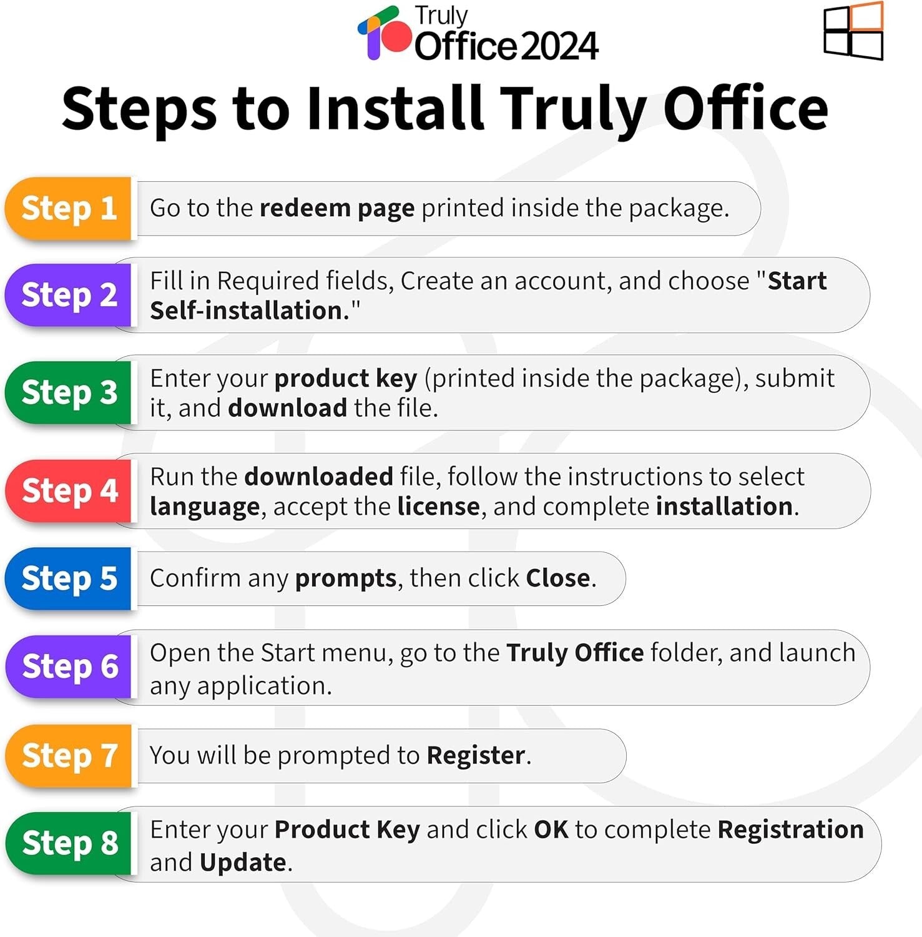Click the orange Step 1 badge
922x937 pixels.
click(x=69, y=209)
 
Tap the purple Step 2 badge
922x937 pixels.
click(x=69, y=295)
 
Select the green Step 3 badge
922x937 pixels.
click(x=69, y=392)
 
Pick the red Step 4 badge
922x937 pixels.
click(x=69, y=490)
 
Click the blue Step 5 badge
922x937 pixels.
click(x=69, y=578)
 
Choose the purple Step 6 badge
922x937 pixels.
click(x=69, y=667)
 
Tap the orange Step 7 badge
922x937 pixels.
click(x=69, y=755)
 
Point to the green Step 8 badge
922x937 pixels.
click(x=69, y=843)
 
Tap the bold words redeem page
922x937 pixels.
click(x=336, y=208)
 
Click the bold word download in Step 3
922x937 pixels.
click(x=287, y=408)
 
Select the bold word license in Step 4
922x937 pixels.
click(x=438, y=506)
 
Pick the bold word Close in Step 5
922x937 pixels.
click(x=557, y=578)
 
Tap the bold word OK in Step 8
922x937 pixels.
click(x=551, y=830)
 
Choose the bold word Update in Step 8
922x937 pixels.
click(x=243, y=863)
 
